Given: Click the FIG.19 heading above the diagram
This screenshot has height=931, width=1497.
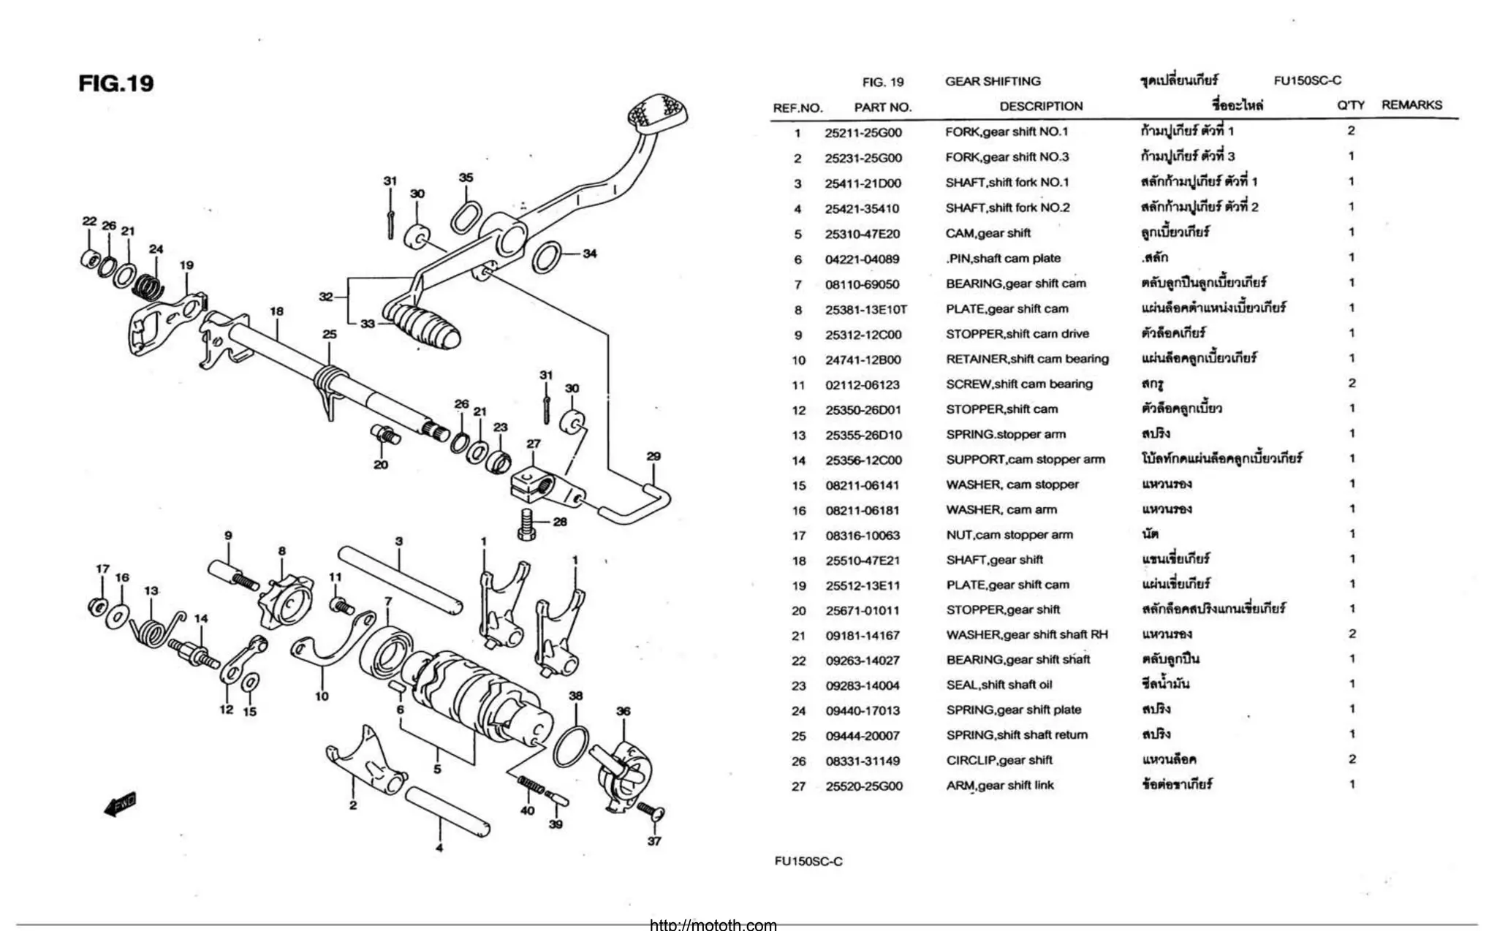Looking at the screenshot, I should (116, 83).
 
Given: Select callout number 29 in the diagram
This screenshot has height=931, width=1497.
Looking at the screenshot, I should (653, 457).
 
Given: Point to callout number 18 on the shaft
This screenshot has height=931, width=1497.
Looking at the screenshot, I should (276, 311).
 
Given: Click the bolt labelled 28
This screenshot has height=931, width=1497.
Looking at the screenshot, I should (527, 525).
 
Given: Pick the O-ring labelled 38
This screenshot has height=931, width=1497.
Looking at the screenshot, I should (572, 746).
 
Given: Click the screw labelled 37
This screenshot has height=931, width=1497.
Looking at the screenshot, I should (648, 810).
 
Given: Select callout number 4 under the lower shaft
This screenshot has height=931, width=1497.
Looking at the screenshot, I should (439, 848).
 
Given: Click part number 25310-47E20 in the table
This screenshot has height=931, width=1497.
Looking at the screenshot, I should (863, 234).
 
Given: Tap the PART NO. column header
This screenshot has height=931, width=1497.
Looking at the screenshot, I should (883, 107).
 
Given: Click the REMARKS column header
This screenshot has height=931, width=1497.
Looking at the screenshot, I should (1411, 105).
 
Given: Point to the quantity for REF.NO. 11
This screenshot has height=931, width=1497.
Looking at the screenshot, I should (1352, 383).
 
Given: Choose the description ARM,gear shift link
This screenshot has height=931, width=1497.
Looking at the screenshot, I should (1000, 786).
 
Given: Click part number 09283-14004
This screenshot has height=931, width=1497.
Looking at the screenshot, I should (863, 685).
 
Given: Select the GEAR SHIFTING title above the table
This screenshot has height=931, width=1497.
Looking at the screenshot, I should (993, 81).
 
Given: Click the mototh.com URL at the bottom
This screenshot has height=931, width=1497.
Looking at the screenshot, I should (713, 925).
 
